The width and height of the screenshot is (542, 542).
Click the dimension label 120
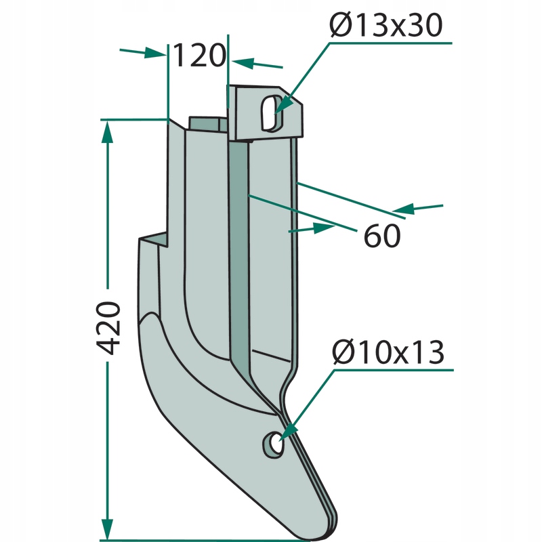coord(199,56)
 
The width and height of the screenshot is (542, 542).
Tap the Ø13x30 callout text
coord(385,24)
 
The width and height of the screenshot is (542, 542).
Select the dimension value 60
coord(382,236)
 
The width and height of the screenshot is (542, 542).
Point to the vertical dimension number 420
coord(108,328)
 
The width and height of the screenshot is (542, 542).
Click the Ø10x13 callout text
coord(388,352)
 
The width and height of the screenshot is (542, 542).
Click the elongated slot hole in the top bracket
coord(272,113)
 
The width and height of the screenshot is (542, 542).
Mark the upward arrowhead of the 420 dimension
coord(108,131)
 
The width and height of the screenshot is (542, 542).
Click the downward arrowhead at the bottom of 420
coord(108,528)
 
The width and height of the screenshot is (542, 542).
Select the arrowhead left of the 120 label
coord(154,53)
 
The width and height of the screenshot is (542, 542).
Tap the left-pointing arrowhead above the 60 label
coord(403,209)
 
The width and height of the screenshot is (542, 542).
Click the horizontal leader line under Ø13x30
coord(391,43)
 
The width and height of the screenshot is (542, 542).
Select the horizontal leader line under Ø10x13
coord(394,370)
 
